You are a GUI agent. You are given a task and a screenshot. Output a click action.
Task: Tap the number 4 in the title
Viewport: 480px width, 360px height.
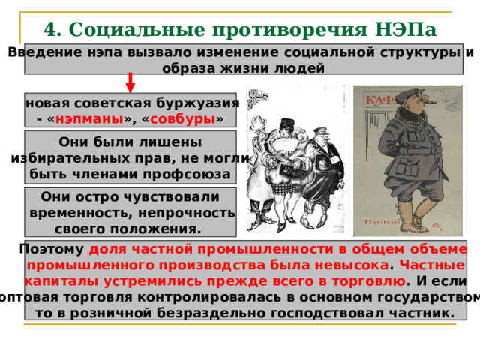pos(51,29)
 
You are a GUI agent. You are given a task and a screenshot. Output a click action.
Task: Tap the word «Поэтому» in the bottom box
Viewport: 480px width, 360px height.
pos(52,250)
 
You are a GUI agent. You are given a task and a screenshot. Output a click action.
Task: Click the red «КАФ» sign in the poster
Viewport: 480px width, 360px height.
pos(382,100)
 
